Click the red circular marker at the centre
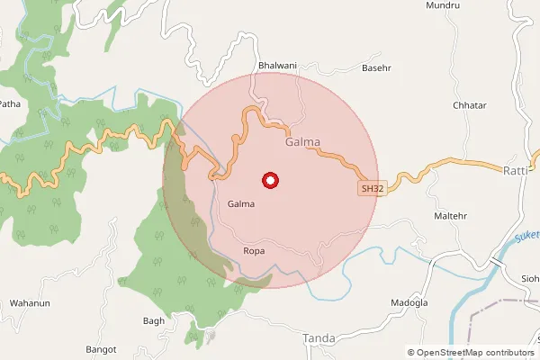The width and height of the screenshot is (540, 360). pyautogui.click(x=269, y=181)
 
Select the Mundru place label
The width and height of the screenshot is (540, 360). pyautogui.click(x=444, y=5)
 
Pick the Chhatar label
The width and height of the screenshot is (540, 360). pyautogui.click(x=470, y=105)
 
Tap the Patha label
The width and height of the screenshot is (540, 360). pyautogui.click(x=9, y=104)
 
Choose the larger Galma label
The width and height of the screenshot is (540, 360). pyautogui.click(x=302, y=142)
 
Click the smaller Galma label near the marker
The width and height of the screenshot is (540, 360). pyautogui.click(x=241, y=204)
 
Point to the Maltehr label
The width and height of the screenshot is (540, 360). pyautogui.click(x=452, y=217)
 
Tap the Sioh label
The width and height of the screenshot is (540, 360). pyautogui.click(x=529, y=278)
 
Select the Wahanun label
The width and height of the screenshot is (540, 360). pyautogui.click(x=27, y=303)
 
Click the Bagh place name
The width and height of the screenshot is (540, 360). pyautogui.click(x=154, y=320)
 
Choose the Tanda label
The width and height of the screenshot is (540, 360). pyautogui.click(x=319, y=338)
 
